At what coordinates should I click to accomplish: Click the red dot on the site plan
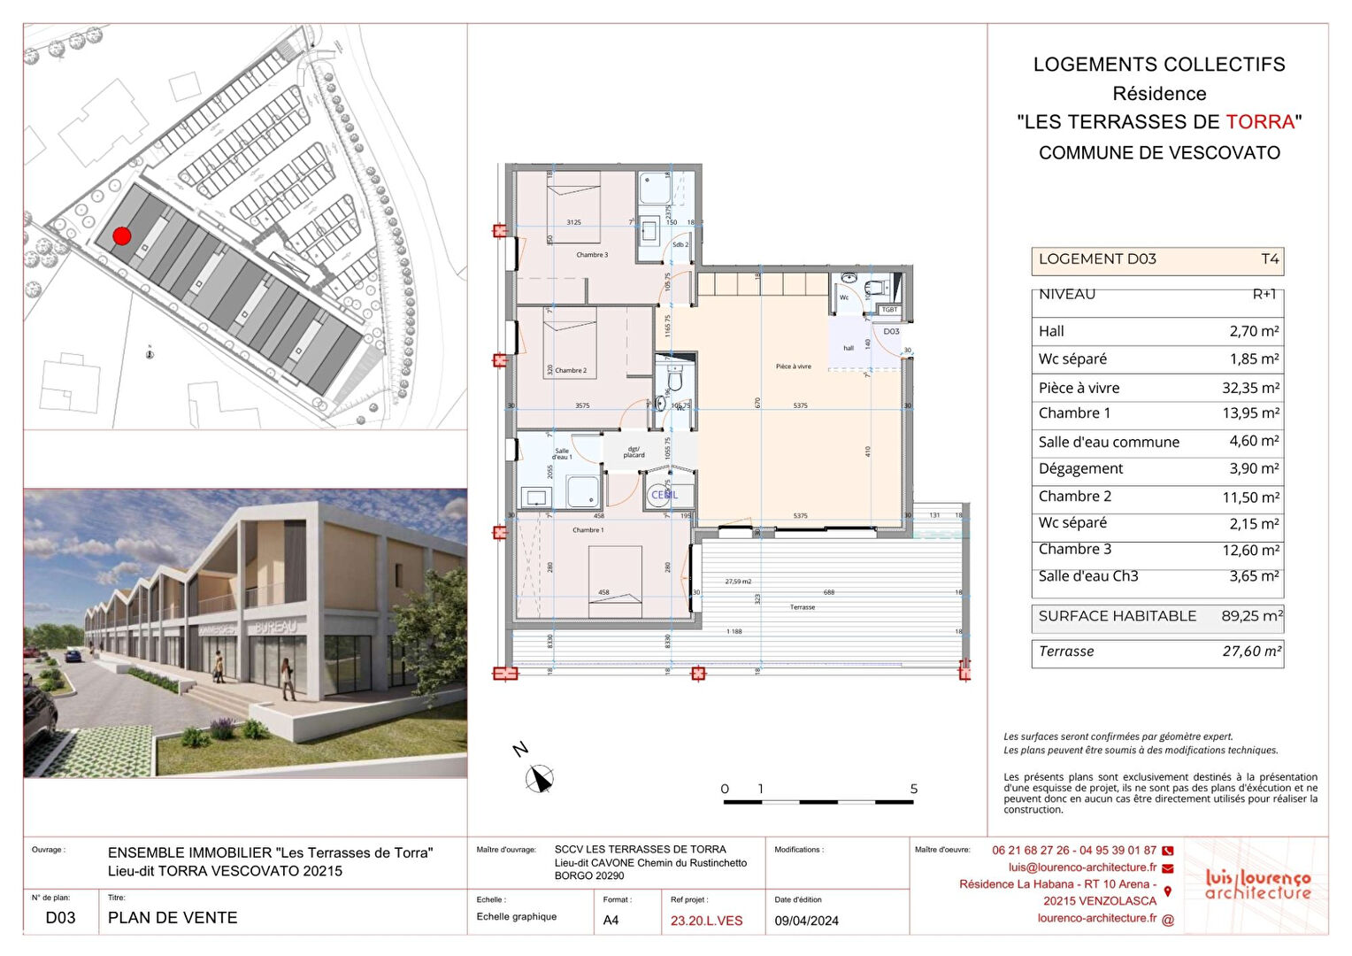[x=122, y=235]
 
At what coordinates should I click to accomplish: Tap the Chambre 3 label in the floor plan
[x=592, y=255]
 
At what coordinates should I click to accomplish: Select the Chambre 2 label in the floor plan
[x=571, y=371]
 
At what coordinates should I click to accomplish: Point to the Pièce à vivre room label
[x=793, y=366]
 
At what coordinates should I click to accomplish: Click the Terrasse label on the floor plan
[x=803, y=607]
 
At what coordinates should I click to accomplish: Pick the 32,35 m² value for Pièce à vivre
[x=1250, y=388]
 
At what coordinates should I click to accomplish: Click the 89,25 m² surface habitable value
[x=1251, y=616]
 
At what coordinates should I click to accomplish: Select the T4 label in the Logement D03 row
[x=1270, y=259]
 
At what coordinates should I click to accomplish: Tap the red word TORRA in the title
[x=1260, y=122]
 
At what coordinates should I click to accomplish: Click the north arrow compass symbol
[x=539, y=779]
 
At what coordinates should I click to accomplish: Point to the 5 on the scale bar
[x=914, y=789]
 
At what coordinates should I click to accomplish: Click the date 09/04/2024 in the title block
[x=806, y=921]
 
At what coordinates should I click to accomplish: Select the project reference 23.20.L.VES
[x=706, y=921]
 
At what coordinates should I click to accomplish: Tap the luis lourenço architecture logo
[x=1257, y=884]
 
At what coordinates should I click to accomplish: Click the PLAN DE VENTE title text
[x=173, y=918]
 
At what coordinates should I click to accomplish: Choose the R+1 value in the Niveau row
[x=1264, y=295]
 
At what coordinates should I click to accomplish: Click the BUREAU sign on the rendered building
[x=275, y=627]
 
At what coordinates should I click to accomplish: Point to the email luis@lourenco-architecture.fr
[x=1082, y=867]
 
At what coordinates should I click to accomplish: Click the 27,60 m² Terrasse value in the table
[x=1251, y=651]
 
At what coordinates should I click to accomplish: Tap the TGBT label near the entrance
[x=889, y=310]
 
